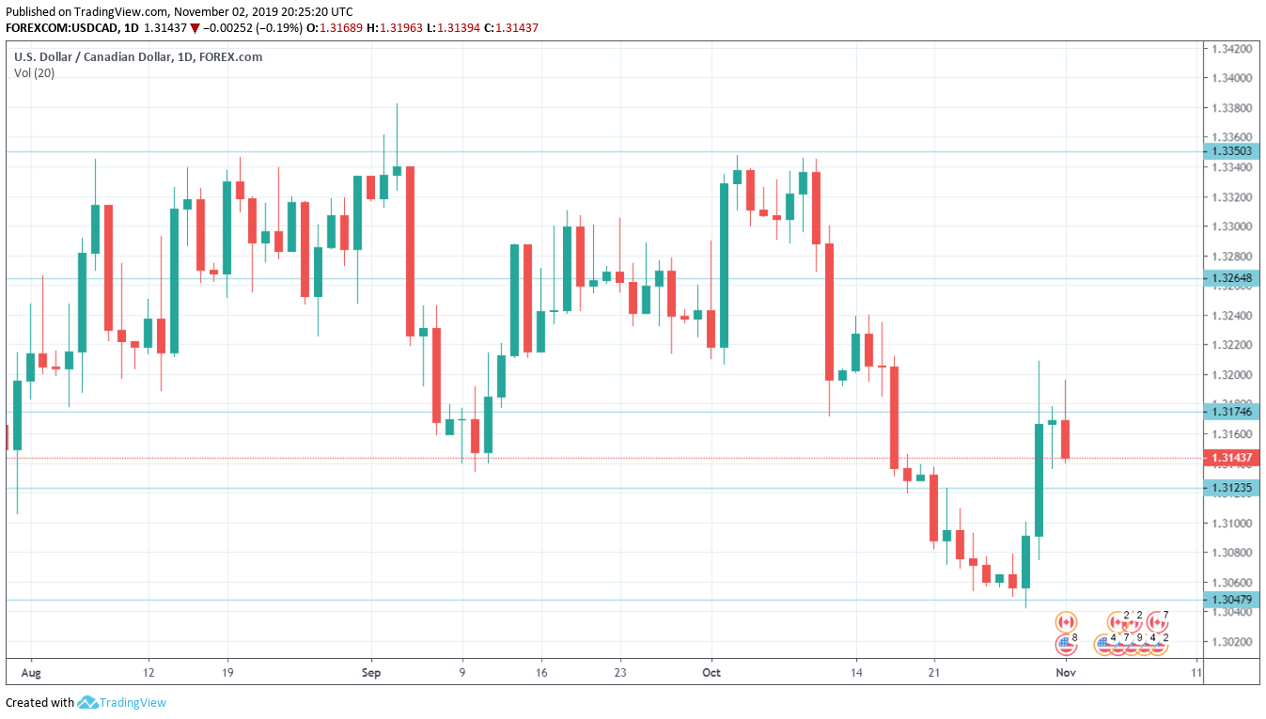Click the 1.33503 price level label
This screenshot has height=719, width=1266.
pos(1232,151)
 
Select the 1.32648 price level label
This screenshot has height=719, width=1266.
pos(1232,278)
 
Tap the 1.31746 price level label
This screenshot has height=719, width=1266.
pos(1232,412)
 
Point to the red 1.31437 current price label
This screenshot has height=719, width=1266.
pos(1232,459)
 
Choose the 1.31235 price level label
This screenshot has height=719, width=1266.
pos(1232,488)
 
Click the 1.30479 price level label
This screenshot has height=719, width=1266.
pos(1232,600)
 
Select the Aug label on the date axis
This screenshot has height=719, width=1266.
pos(31,673)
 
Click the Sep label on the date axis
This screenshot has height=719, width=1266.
pos(371,673)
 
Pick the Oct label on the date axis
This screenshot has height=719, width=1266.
pos(711,673)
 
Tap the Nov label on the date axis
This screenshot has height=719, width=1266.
pos(1065,673)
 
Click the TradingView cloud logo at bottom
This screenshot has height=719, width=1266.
pos(88,702)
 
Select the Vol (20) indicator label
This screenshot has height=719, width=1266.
pos(34,73)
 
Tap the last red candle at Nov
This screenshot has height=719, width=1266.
pos(1066,439)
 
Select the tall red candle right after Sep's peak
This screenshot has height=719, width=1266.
pos(410,250)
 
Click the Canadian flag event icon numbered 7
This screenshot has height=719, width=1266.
pos(1158,621)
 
